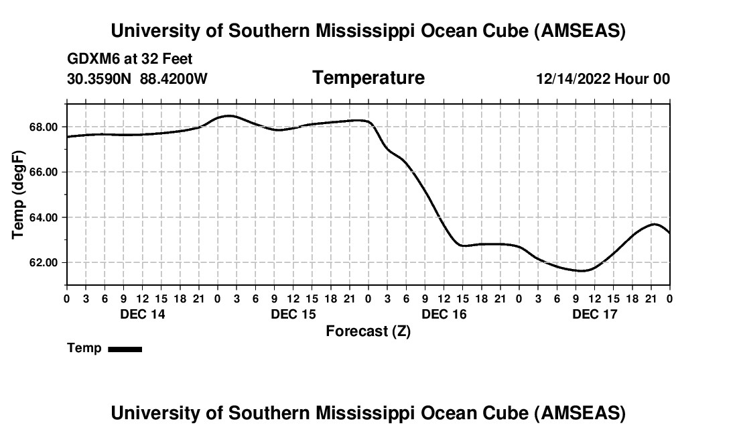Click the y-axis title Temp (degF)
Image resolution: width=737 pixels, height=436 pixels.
click(19, 195)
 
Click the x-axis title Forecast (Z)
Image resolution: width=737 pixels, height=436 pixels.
click(368, 331)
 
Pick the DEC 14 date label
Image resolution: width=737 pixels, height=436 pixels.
click(142, 314)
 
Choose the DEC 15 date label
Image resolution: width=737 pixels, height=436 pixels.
click(293, 314)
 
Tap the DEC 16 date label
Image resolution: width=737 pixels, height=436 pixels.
click(444, 314)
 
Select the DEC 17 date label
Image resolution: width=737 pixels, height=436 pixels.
click(594, 314)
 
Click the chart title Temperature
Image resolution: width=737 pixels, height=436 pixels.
click(368, 78)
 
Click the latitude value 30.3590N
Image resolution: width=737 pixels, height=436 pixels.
click(100, 78)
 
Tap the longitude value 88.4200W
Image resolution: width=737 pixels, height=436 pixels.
click(174, 78)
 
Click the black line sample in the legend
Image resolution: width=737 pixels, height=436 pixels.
click(125, 349)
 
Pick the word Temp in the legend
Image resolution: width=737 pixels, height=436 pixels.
click(84, 348)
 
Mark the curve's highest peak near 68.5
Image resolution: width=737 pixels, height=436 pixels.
click(228, 115)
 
